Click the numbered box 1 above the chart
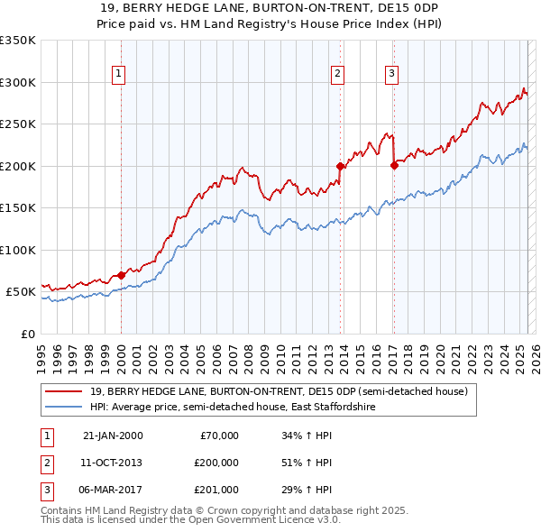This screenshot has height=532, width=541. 119,75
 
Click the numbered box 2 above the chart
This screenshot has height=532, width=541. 337,75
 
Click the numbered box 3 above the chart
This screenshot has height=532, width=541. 392,75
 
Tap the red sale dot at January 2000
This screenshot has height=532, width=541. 121,275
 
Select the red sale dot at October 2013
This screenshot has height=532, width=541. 340,166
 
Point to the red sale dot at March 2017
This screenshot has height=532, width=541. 394,165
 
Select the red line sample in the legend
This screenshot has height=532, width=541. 65,392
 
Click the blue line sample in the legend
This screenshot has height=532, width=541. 65,408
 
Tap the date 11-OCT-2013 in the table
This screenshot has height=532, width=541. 113,463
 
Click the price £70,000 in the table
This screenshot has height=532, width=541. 219,436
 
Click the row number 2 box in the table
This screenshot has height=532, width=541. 45,463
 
